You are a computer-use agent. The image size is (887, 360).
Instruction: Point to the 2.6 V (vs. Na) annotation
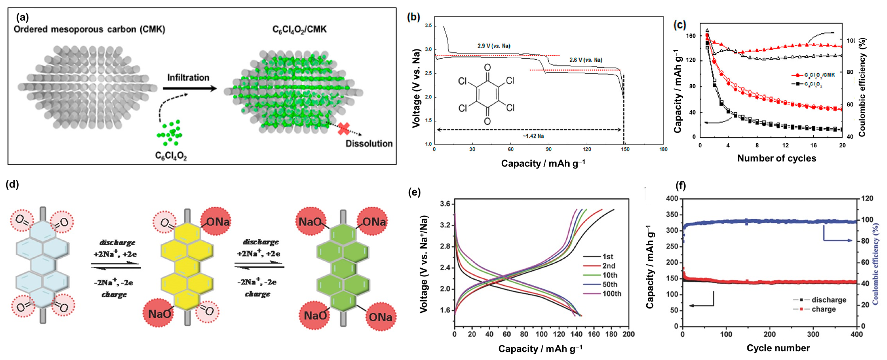(586, 60)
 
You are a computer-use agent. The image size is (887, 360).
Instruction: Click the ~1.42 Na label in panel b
(533, 136)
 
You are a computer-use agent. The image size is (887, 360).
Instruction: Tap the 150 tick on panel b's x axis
(625, 149)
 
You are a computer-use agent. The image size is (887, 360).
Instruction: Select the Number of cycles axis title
(776, 158)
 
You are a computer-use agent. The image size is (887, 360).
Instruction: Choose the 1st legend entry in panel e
(607, 256)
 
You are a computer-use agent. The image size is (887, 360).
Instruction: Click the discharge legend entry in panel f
(828, 300)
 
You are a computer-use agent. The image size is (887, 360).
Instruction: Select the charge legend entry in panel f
(823, 309)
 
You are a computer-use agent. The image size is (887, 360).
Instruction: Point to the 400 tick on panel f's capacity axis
(671, 199)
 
